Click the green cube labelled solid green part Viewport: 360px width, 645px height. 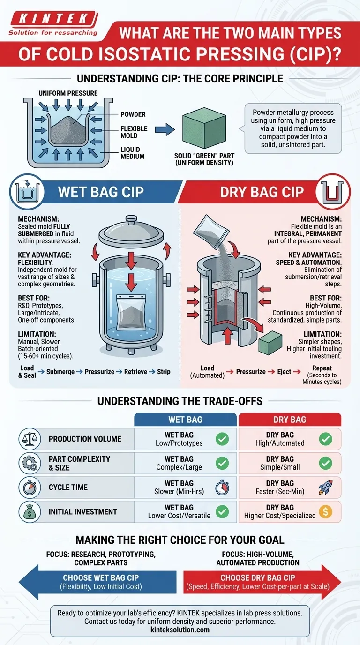[204, 128]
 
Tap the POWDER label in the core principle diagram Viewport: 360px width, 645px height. [133, 114]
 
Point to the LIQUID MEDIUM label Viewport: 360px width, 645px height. [133, 153]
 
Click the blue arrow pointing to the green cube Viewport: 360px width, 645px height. [165, 129]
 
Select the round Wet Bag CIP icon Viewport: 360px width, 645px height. [27, 191]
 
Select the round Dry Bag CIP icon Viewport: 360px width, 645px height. [333, 191]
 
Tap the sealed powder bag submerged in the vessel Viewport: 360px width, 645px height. [131, 312]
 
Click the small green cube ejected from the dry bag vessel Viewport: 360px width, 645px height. [270, 343]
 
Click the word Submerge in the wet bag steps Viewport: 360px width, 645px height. [60, 372]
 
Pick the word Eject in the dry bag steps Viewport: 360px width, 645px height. [284, 372]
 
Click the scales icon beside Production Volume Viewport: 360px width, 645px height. [30, 439]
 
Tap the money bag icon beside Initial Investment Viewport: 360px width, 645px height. [30, 512]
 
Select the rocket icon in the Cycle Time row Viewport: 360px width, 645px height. [325, 487]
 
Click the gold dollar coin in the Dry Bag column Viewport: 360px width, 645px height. [325, 512]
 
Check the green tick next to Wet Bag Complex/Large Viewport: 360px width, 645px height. [222, 463]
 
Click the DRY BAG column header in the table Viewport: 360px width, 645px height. [290, 420]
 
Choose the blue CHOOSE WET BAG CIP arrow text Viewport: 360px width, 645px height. [101, 577]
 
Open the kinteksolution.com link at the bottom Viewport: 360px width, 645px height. [180, 630]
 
